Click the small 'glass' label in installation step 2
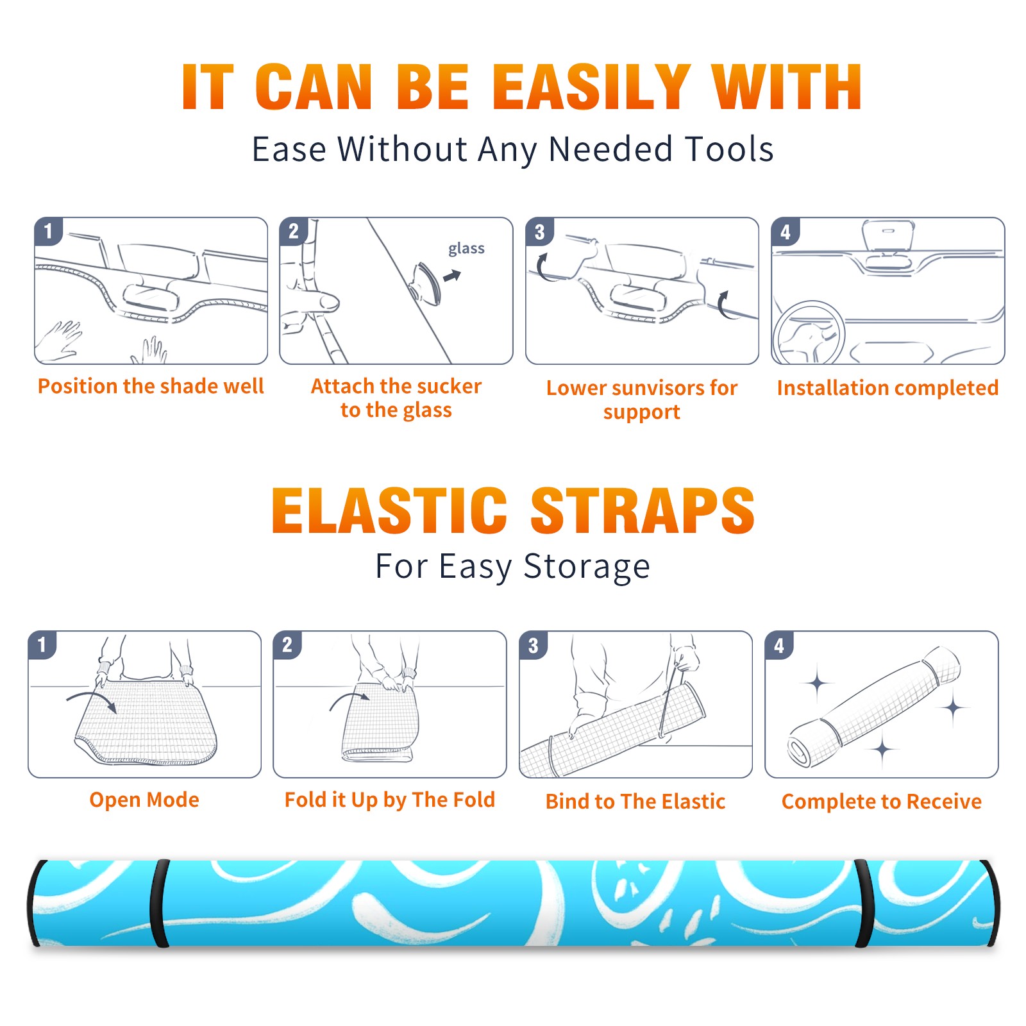466,249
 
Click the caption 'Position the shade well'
151,386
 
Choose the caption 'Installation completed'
887,388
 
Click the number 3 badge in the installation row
539,231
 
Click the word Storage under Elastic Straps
587,567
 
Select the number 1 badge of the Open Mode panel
42,644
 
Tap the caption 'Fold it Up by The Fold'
390,800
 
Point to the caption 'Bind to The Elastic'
635,802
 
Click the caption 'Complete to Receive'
882,802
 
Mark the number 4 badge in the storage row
779,644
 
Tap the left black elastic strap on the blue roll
159,904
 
